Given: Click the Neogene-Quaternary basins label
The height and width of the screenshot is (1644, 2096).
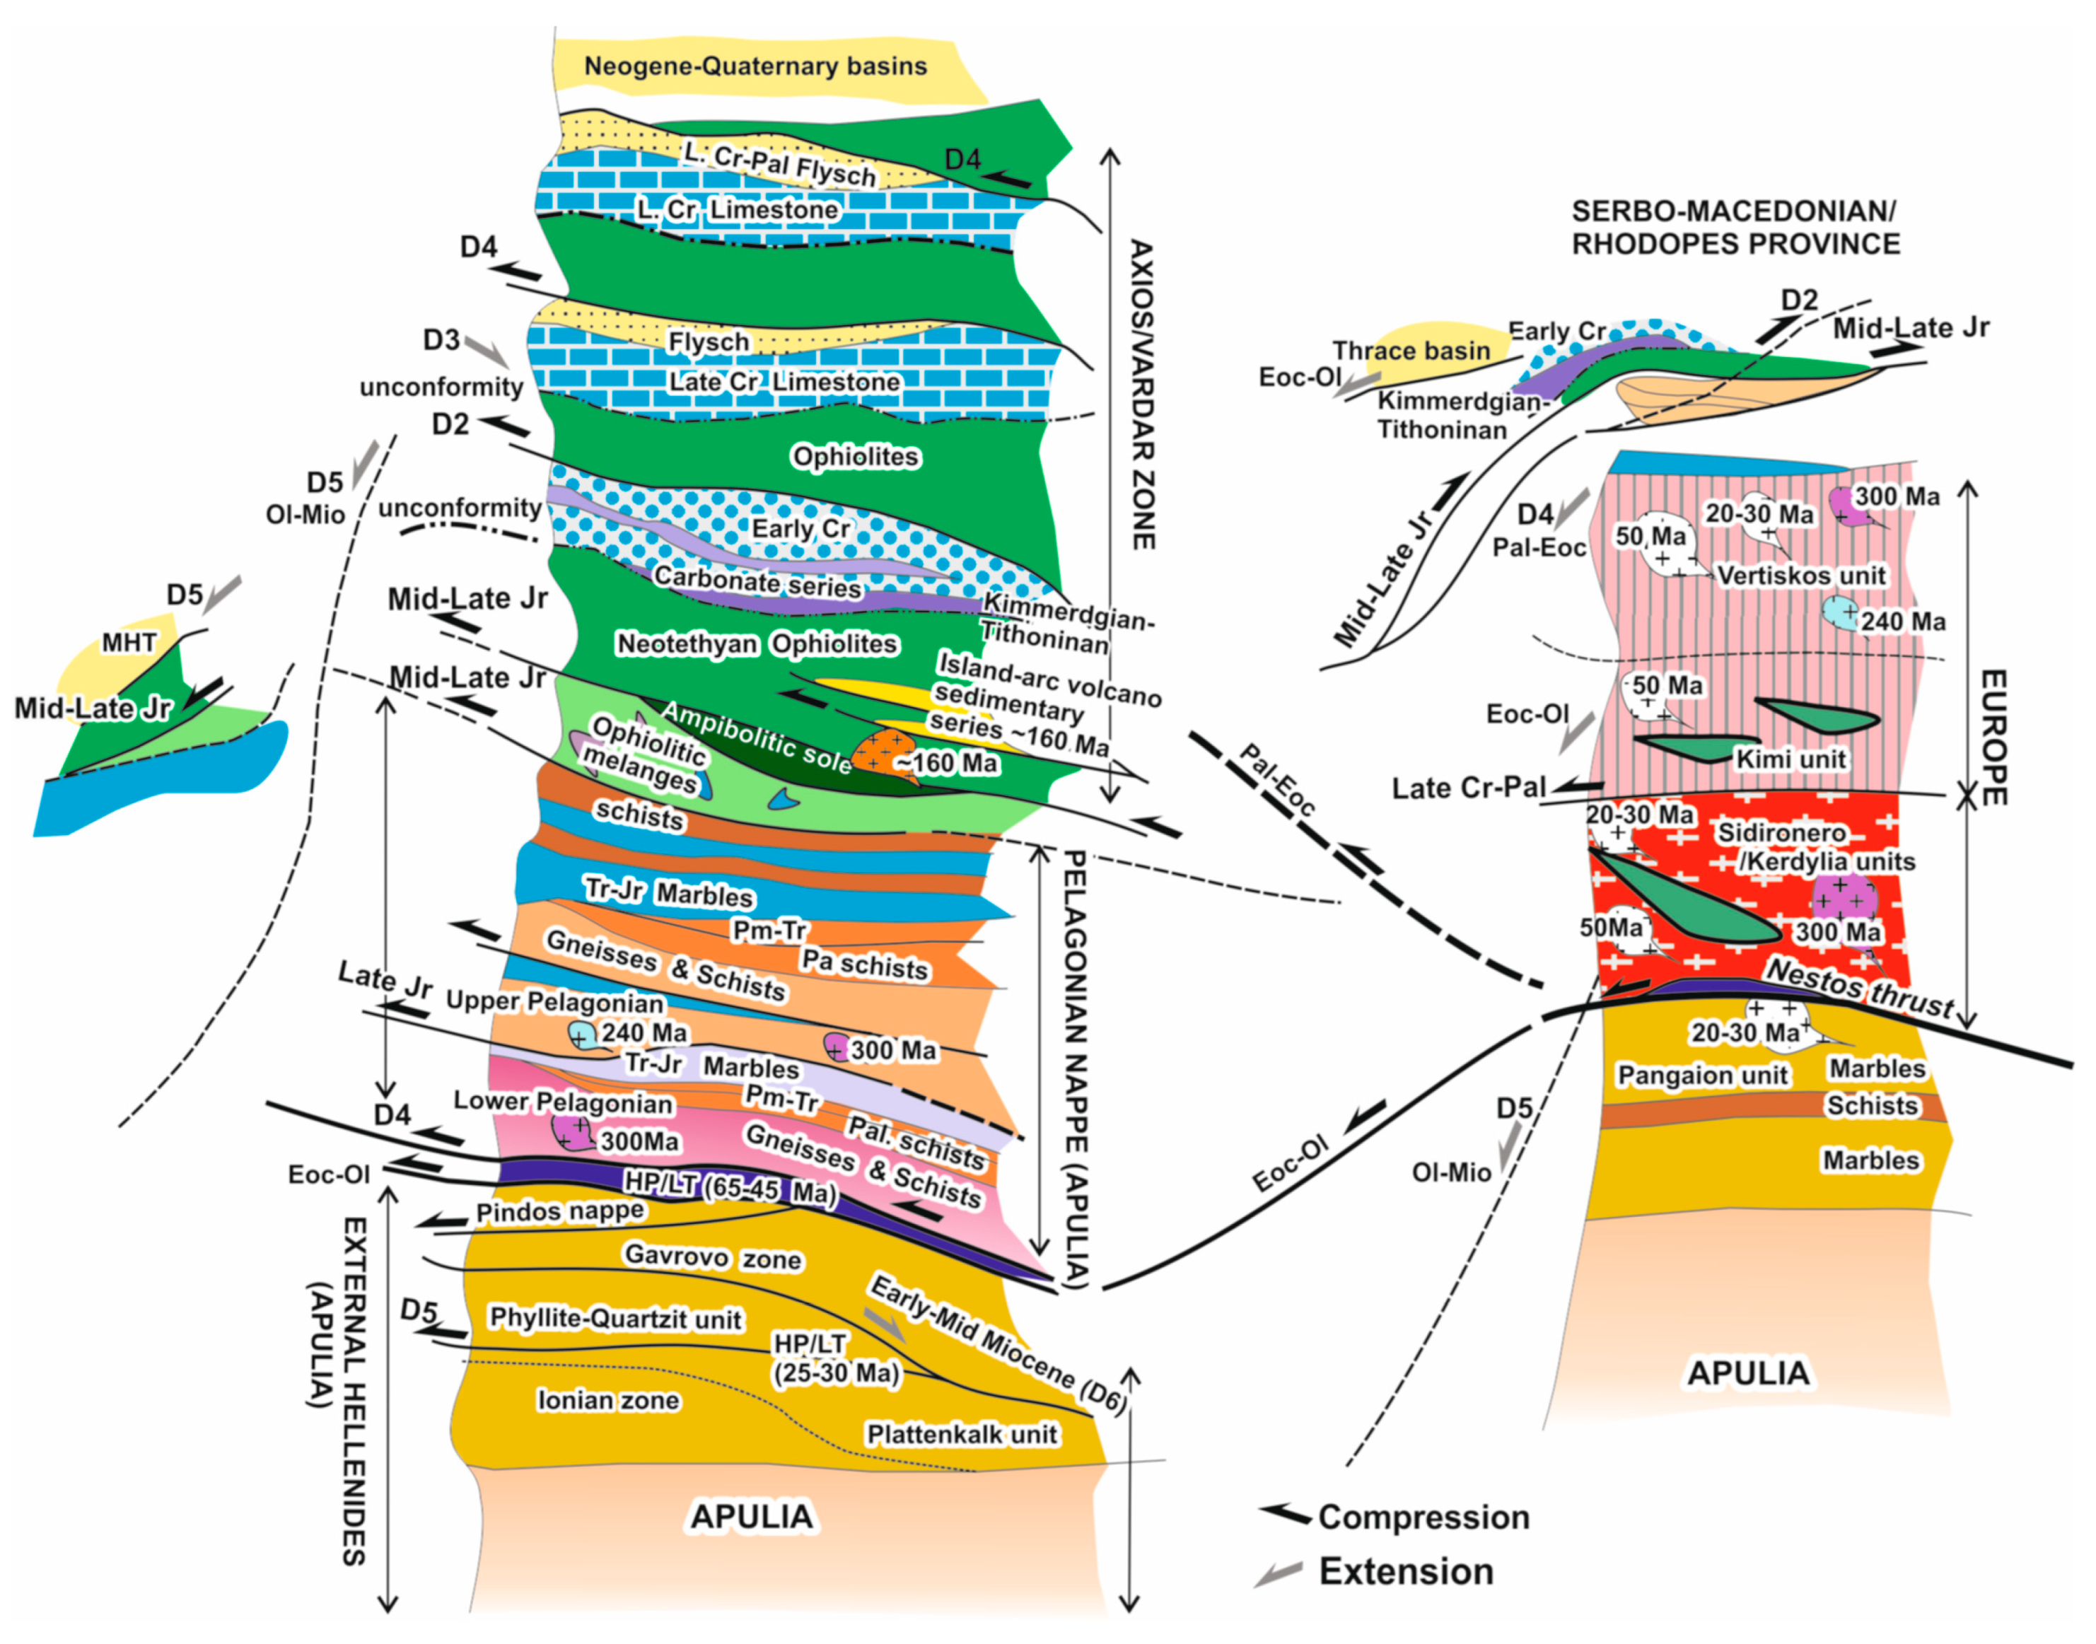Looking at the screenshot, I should pyautogui.click(x=755, y=66).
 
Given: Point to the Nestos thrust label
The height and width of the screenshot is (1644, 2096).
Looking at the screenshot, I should pyautogui.click(x=1858, y=989).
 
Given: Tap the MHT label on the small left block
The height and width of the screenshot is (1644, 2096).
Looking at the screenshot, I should pyautogui.click(x=129, y=642).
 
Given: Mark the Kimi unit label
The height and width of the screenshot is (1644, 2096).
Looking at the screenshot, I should pyautogui.click(x=1790, y=759).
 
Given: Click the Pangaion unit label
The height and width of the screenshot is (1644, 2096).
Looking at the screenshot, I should pyautogui.click(x=1701, y=1075).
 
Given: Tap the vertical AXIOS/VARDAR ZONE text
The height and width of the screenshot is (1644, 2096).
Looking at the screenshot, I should pyautogui.click(x=1141, y=395).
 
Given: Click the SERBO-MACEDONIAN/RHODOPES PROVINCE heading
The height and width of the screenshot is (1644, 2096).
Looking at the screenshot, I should pyautogui.click(x=1735, y=227).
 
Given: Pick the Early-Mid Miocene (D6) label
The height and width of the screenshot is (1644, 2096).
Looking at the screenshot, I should pyautogui.click(x=997, y=1343).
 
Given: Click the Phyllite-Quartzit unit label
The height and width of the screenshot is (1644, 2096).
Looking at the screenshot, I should pyautogui.click(x=616, y=1318).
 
